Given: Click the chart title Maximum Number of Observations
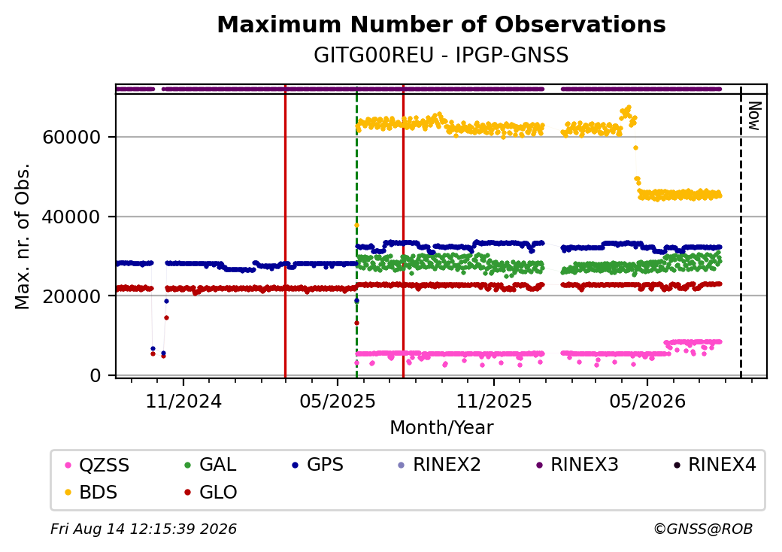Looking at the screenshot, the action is pyautogui.click(x=441, y=24).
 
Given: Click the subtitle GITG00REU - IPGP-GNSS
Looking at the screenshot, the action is pyautogui.click(x=441, y=56).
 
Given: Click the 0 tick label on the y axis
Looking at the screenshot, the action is pyautogui.click(x=95, y=375).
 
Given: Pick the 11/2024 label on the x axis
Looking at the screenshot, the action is pyautogui.click(x=183, y=401).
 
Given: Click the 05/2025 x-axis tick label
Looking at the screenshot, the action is pyautogui.click(x=338, y=401).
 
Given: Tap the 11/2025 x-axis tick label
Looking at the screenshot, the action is pyautogui.click(x=494, y=401).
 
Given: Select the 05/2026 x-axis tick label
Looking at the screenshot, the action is pyautogui.click(x=647, y=401).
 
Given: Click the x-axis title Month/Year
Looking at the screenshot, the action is pyautogui.click(x=441, y=427).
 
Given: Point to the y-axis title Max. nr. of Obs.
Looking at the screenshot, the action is pyautogui.click(x=23, y=236).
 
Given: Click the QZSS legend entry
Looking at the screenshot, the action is pyautogui.click(x=97, y=465).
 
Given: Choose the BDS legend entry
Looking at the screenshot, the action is pyautogui.click(x=91, y=492).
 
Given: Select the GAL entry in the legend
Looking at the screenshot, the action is pyautogui.click(x=210, y=465).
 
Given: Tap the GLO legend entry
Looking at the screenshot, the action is pyautogui.click(x=211, y=492).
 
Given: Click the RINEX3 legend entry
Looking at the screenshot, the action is pyautogui.click(x=577, y=465).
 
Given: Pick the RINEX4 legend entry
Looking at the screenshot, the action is pyautogui.click(x=714, y=465).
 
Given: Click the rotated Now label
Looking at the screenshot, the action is pyautogui.click(x=755, y=116).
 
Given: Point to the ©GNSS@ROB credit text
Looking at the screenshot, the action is pyautogui.click(x=703, y=529).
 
